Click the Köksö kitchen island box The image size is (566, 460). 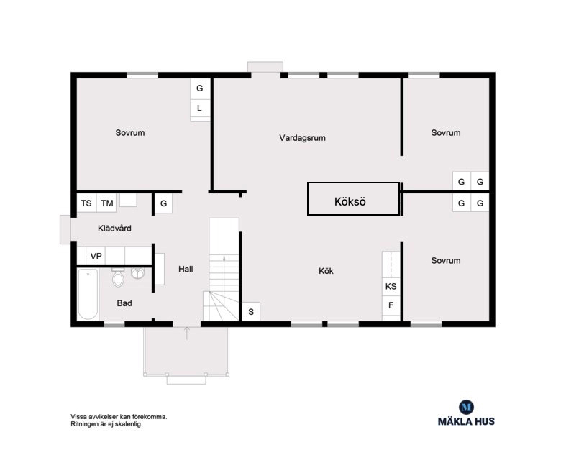tap(353, 199)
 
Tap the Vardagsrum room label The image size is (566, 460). tap(303, 138)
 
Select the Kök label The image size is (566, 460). tap(326, 271)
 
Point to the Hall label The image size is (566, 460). tap(186, 269)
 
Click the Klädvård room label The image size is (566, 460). tap(114, 229)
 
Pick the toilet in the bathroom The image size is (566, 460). tap(118, 277)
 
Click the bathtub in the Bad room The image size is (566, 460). tap(88, 294)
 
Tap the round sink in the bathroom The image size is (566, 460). tap(137, 273)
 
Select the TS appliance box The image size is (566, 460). tap(86, 203)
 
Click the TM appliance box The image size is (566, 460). tap(107, 203)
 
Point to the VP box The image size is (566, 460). tap(96, 256)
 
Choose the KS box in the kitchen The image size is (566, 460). tap(391, 287)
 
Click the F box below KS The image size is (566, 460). tap(391, 305)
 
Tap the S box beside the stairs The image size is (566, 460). tap(251, 311)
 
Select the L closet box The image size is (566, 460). tap(200, 109)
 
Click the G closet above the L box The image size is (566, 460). tap(200, 88)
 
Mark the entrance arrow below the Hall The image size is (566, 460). tap(187, 333)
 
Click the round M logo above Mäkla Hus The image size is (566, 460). tap(466, 408)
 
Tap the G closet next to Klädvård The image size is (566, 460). tap(163, 203)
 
